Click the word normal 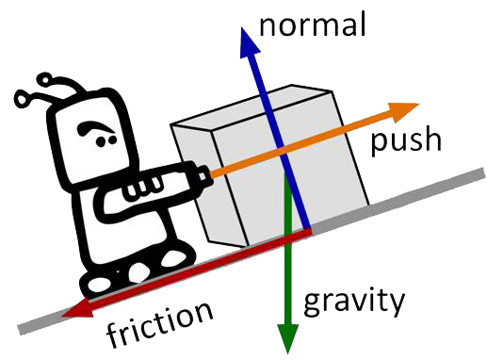(x=313, y=25)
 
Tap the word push (x=406, y=140)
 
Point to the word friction (x=159, y=322)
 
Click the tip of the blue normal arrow (x=242, y=27)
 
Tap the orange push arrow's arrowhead (x=405, y=111)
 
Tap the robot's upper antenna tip (x=44, y=79)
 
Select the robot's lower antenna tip (x=23, y=98)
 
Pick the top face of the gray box (x=252, y=106)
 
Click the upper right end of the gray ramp (x=483, y=173)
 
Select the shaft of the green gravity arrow (x=288, y=252)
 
